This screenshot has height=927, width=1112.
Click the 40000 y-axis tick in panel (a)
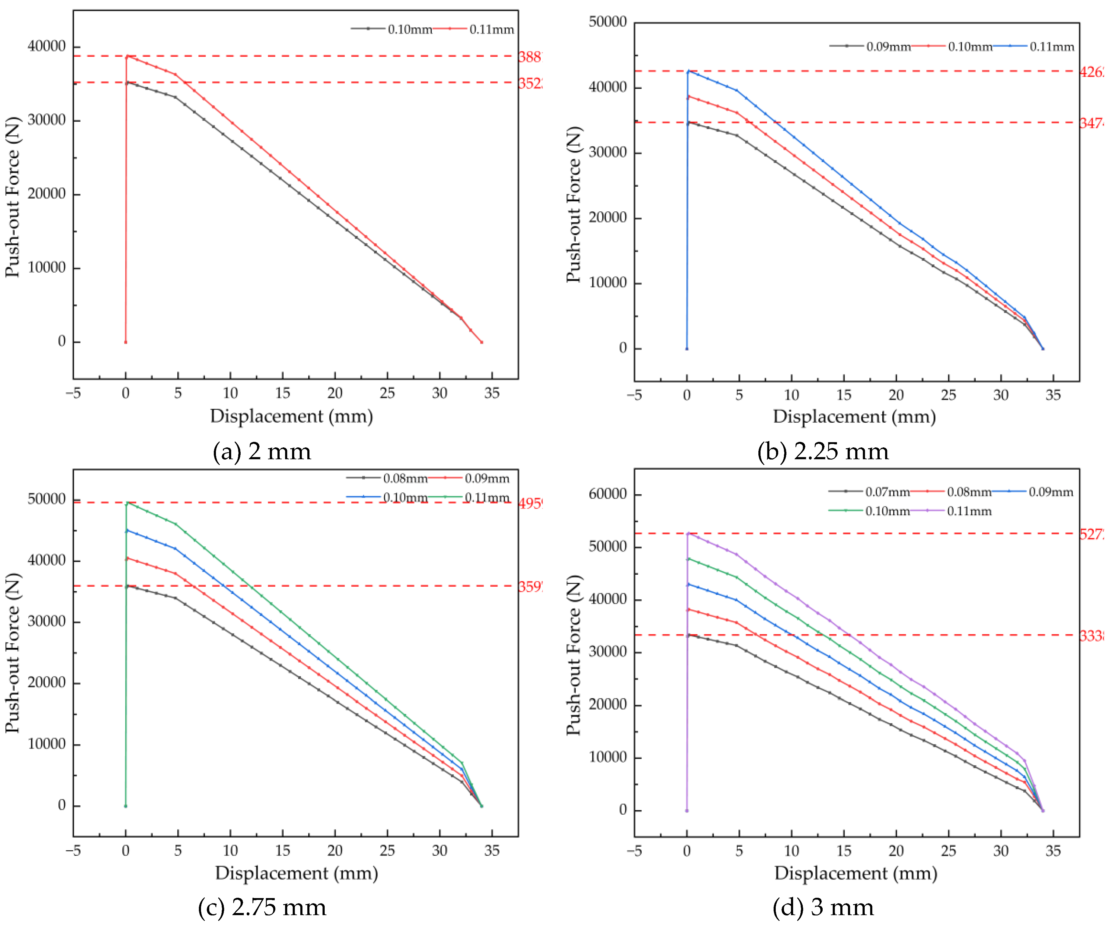(x=47, y=47)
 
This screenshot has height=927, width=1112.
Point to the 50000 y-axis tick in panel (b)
(x=608, y=22)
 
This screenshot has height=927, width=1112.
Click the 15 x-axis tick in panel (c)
(x=282, y=851)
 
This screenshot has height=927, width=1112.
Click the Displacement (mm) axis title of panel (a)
(x=291, y=416)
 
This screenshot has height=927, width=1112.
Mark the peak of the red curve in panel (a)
(x=127, y=56)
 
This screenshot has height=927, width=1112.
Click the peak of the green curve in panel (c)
(x=127, y=502)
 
